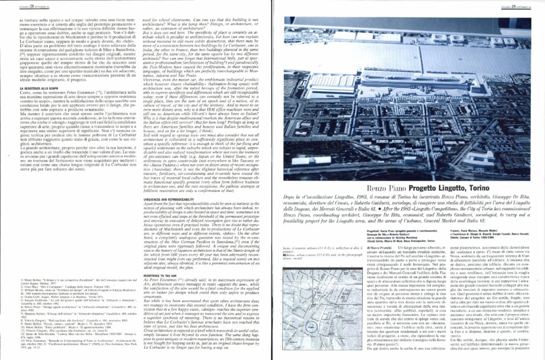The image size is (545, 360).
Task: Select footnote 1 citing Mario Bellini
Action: click(59, 263)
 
